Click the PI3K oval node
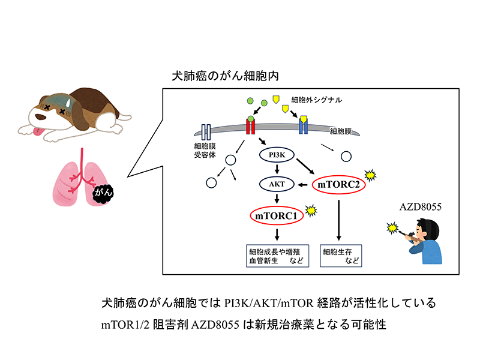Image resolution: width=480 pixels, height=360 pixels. (276, 156)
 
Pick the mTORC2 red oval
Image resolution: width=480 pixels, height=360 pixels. (338, 184)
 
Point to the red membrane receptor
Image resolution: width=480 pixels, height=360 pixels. (250, 126)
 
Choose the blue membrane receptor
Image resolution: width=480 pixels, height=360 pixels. (304, 126)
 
